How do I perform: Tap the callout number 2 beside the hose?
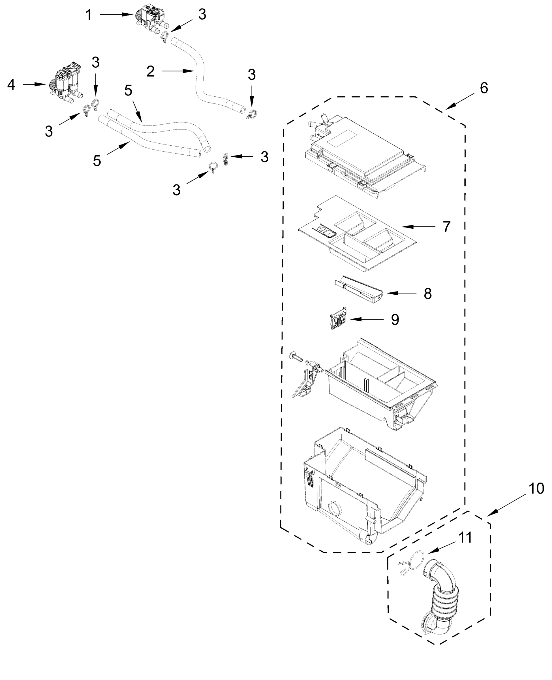[150, 71]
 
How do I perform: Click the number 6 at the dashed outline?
[483, 88]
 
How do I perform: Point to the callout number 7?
[446, 227]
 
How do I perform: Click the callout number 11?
[465, 538]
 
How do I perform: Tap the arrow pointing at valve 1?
[116, 15]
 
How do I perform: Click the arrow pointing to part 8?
[401, 293]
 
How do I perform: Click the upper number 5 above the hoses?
[128, 91]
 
